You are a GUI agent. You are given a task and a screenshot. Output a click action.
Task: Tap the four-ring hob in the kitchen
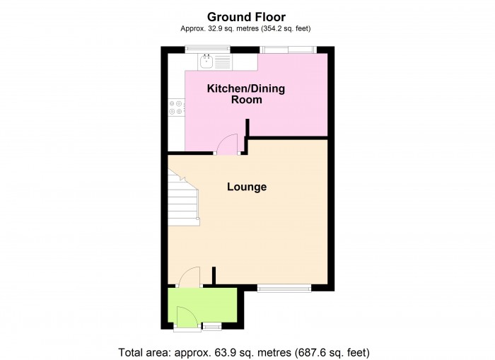pyautogui.click(x=175, y=108)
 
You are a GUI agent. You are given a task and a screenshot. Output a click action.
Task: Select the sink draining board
pyautogui.click(x=221, y=62)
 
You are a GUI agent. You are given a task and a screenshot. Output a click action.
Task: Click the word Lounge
pyautogui.click(x=247, y=187)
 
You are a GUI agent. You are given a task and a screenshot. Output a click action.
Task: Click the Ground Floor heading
pyautogui.click(x=247, y=16)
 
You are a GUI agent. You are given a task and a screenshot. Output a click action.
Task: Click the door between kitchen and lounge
pyautogui.click(x=227, y=145)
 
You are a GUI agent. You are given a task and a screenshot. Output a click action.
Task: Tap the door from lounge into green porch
pyautogui.click(x=189, y=277)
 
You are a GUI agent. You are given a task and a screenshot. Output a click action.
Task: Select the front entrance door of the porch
pyautogui.click(x=185, y=316)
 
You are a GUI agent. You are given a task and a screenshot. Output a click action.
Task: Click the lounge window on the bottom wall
pyautogui.click(x=284, y=288)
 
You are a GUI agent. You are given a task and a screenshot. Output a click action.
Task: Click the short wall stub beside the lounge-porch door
pyautogui.click(x=214, y=275)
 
